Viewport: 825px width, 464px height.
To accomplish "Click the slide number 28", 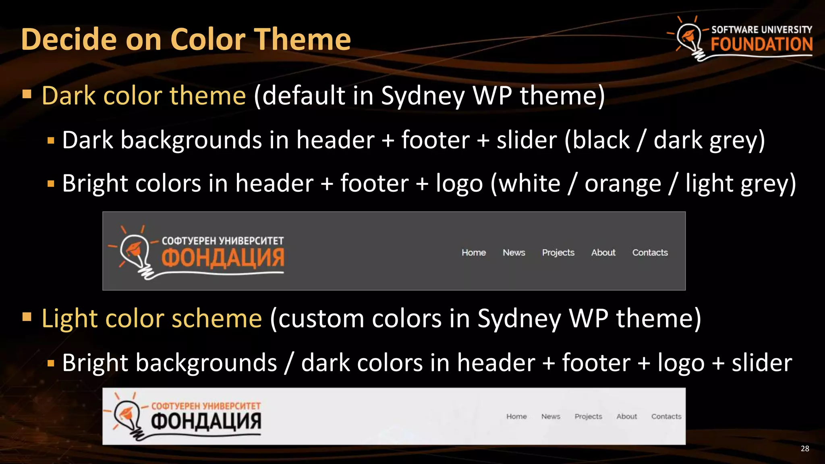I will pos(804,449).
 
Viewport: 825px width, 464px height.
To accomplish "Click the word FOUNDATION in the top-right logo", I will pos(761,44).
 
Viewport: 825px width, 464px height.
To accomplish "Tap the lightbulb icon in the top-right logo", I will pos(690,39).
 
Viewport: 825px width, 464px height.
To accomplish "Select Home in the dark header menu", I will pos(474,253).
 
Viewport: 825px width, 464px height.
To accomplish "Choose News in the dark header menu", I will pos(514,253).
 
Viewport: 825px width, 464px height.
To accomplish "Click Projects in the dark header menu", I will pos(558,253).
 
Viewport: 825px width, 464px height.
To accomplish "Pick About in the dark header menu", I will pos(603,253).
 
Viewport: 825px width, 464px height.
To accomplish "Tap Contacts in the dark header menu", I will pos(650,253).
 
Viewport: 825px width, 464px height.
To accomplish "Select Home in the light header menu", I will pos(516,416).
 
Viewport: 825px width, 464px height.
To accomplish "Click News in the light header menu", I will pos(551,416).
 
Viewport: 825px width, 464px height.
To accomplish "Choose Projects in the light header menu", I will pos(588,416).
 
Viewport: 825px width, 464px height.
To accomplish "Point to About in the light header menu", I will pos(626,416).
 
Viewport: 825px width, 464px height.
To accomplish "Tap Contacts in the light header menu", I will pos(666,416).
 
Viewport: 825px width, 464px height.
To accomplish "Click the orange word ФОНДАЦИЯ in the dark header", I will pos(223,258).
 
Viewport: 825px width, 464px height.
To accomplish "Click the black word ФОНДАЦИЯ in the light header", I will pos(206,421).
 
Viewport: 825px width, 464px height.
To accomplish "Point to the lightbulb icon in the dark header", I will pos(135,252).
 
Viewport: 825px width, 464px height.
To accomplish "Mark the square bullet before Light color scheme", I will pos(27,317).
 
